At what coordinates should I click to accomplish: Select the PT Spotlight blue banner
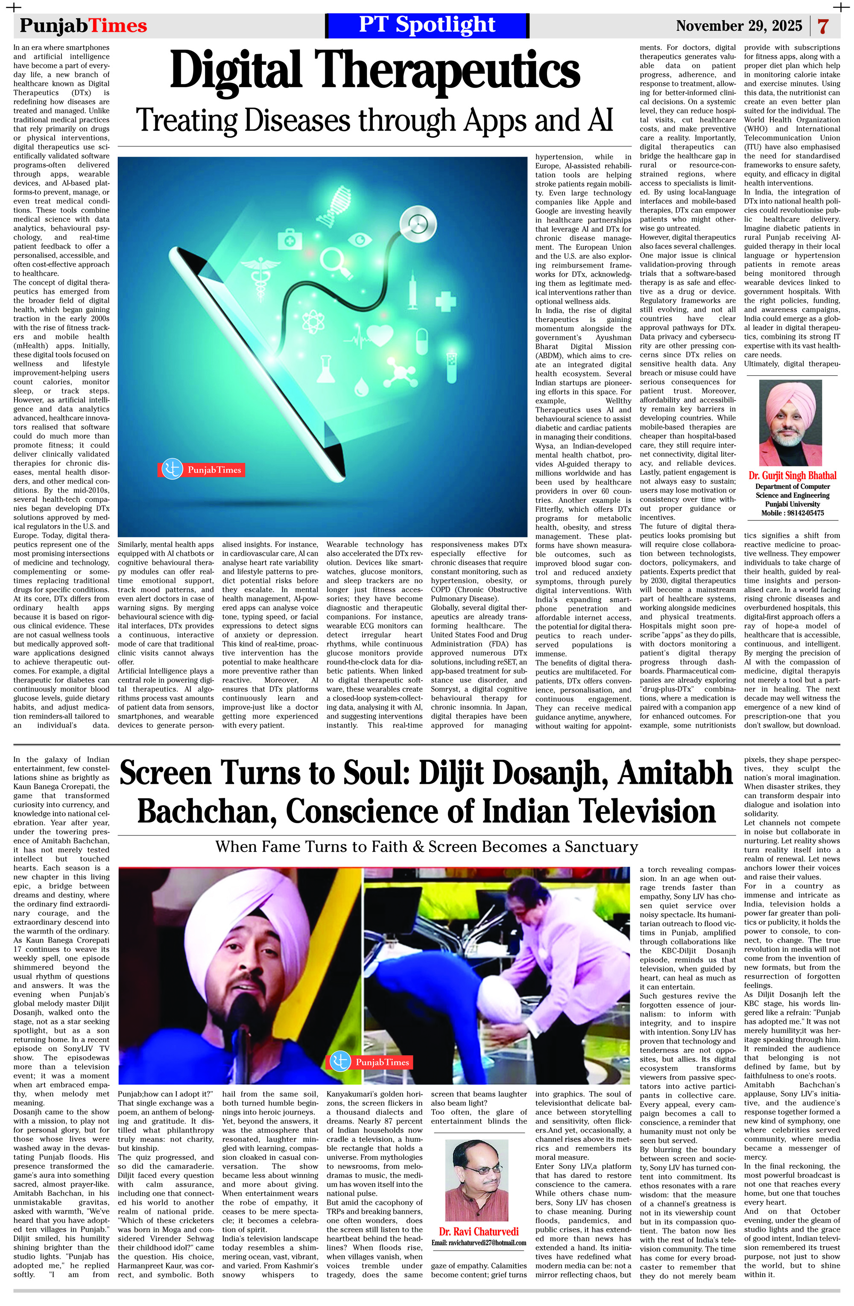427,25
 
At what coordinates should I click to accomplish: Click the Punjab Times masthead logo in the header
83,26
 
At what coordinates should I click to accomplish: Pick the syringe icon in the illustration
413,290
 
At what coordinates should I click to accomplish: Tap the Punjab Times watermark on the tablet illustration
202,470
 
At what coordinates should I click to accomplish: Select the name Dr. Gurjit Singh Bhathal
792,476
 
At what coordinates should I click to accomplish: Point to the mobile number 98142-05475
803,513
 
